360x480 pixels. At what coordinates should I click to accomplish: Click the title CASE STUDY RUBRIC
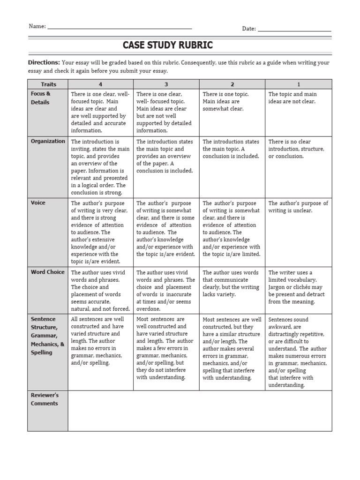[x=167, y=45]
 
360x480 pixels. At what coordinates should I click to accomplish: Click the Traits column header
[x=48, y=84]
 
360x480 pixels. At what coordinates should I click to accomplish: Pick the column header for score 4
[x=100, y=84]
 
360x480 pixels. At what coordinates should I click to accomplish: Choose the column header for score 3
[x=166, y=84]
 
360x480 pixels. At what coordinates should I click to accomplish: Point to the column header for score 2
[x=232, y=84]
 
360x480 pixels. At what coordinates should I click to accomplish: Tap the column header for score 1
[x=299, y=84]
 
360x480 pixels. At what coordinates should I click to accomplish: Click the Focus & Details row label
[x=41, y=98]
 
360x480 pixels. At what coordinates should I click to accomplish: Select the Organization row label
[x=48, y=141]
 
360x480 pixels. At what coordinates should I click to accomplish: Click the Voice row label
[x=38, y=203]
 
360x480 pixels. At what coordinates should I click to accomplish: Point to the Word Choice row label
[x=48, y=272]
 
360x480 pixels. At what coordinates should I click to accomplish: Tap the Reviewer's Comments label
[x=45, y=399]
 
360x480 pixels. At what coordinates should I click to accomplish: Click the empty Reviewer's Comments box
[x=200, y=411]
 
